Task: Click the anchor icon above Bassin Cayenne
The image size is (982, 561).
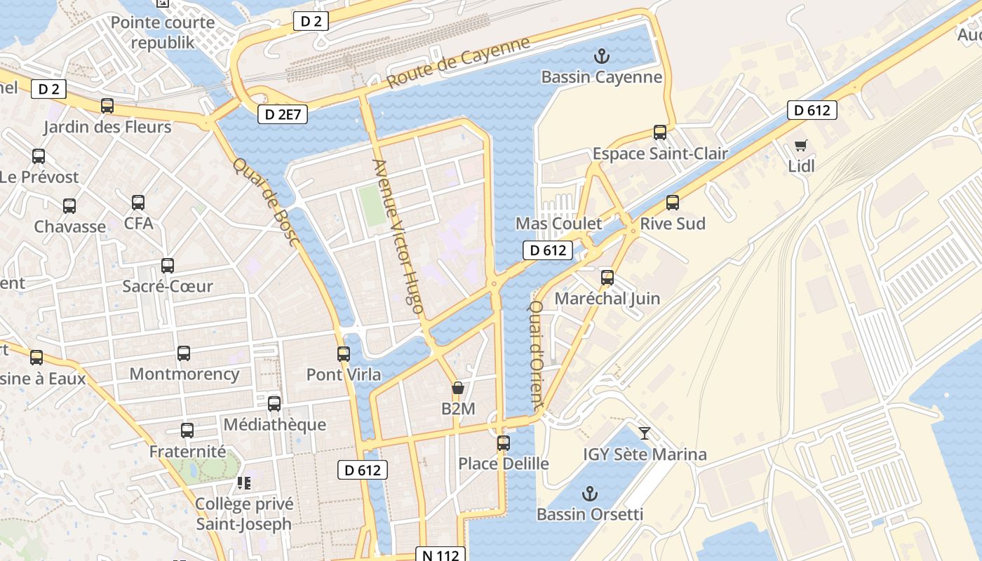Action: (600, 55)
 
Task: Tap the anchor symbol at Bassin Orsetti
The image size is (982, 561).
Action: (589, 493)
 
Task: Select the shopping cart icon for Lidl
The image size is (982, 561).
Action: (800, 145)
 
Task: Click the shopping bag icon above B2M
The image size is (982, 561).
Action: (458, 388)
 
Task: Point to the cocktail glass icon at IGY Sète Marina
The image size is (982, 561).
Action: (645, 433)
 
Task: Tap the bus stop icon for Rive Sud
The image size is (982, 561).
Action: (673, 203)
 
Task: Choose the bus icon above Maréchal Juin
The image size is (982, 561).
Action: (607, 277)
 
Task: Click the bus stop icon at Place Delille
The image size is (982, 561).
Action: (504, 442)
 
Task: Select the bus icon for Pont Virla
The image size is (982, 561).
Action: (344, 353)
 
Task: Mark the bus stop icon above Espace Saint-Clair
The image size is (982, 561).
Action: (660, 132)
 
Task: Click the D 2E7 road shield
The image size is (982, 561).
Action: (283, 114)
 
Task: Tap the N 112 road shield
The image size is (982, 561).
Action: (440, 555)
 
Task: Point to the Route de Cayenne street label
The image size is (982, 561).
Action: (459, 62)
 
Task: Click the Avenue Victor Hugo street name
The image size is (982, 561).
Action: (398, 236)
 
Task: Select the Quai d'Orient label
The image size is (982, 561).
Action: (536, 356)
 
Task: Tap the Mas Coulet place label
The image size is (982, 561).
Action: (558, 224)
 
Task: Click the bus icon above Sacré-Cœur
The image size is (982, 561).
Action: (168, 266)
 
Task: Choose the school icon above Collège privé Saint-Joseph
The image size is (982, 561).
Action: (244, 482)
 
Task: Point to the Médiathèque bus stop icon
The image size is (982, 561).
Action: (274, 403)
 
